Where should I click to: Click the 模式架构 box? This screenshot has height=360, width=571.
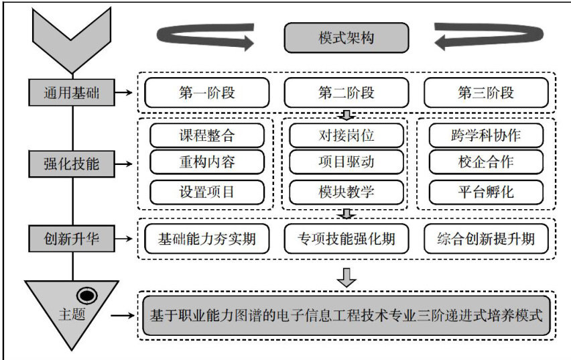point(346,38)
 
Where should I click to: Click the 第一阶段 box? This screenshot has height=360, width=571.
point(207,92)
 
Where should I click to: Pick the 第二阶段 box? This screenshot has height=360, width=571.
point(346,92)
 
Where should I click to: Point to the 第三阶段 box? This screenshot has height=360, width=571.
point(486,92)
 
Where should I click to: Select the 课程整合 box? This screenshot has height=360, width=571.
point(207,135)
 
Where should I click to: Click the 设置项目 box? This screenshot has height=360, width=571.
point(207,192)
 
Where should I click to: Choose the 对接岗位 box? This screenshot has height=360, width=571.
point(346,135)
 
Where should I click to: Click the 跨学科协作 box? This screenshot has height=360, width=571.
point(486,135)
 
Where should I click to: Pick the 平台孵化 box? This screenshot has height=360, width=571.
point(486,192)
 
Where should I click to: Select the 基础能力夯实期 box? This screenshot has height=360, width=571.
point(207,237)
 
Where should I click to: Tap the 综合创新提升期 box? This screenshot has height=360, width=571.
point(486,237)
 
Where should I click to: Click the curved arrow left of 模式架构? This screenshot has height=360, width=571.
point(204,37)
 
